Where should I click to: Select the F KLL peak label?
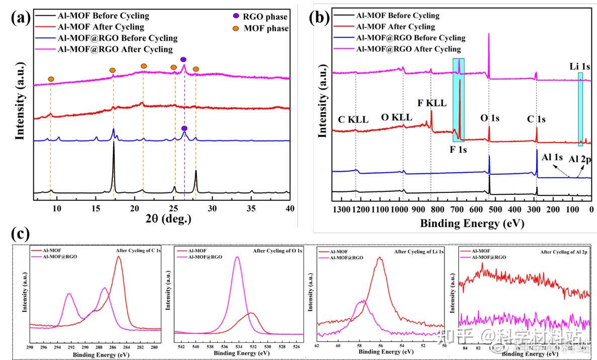[432, 103]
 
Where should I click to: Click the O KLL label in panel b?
[397, 117]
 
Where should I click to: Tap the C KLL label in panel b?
[353, 120]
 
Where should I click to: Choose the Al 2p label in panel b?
[580, 159]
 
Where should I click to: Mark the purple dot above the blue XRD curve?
[184, 129]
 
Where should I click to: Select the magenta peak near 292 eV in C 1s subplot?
[69, 294]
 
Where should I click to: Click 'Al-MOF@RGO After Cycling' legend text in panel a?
[116, 49]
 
